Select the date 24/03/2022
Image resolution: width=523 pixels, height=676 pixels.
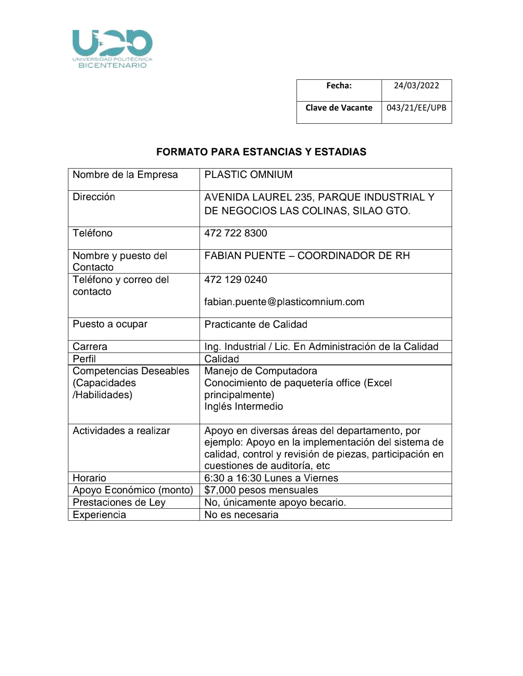[416, 85]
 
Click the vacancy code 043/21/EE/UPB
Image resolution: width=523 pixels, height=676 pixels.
[416, 108]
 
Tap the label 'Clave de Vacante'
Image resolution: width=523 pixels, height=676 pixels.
[339, 108]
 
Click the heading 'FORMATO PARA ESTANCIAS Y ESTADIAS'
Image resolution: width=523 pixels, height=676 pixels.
[261, 152]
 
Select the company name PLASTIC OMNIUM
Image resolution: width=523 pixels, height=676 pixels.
[248, 175]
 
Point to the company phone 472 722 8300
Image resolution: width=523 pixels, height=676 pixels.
[235, 233]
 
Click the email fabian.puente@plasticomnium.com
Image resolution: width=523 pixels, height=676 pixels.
[284, 302]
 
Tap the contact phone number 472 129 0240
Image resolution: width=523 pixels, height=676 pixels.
[235, 280]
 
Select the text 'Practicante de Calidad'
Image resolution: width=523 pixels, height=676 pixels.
[256, 324]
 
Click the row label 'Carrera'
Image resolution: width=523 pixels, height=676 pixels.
[90, 347]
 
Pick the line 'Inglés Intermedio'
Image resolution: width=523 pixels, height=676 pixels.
[244, 406]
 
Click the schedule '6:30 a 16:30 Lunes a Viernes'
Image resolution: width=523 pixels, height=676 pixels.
[271, 478]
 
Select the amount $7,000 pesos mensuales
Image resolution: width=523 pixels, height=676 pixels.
[261, 490]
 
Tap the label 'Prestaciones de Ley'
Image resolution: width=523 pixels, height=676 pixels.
[119, 502]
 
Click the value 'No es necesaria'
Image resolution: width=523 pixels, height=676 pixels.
[241, 515]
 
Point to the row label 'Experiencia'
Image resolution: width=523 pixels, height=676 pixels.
[99, 515]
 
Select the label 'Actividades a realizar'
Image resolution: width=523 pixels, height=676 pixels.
[121, 431]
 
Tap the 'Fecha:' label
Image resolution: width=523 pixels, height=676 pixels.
[339, 85]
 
